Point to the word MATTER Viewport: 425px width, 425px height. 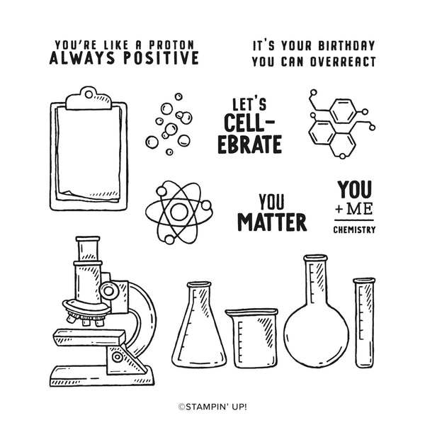click(x=272, y=222)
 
